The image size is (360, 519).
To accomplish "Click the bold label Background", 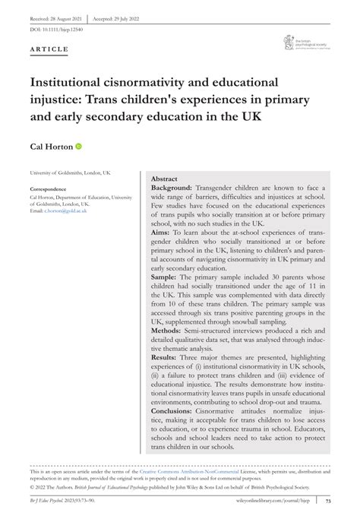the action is click(x=171, y=187).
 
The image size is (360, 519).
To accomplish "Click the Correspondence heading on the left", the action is click(x=52, y=188).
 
